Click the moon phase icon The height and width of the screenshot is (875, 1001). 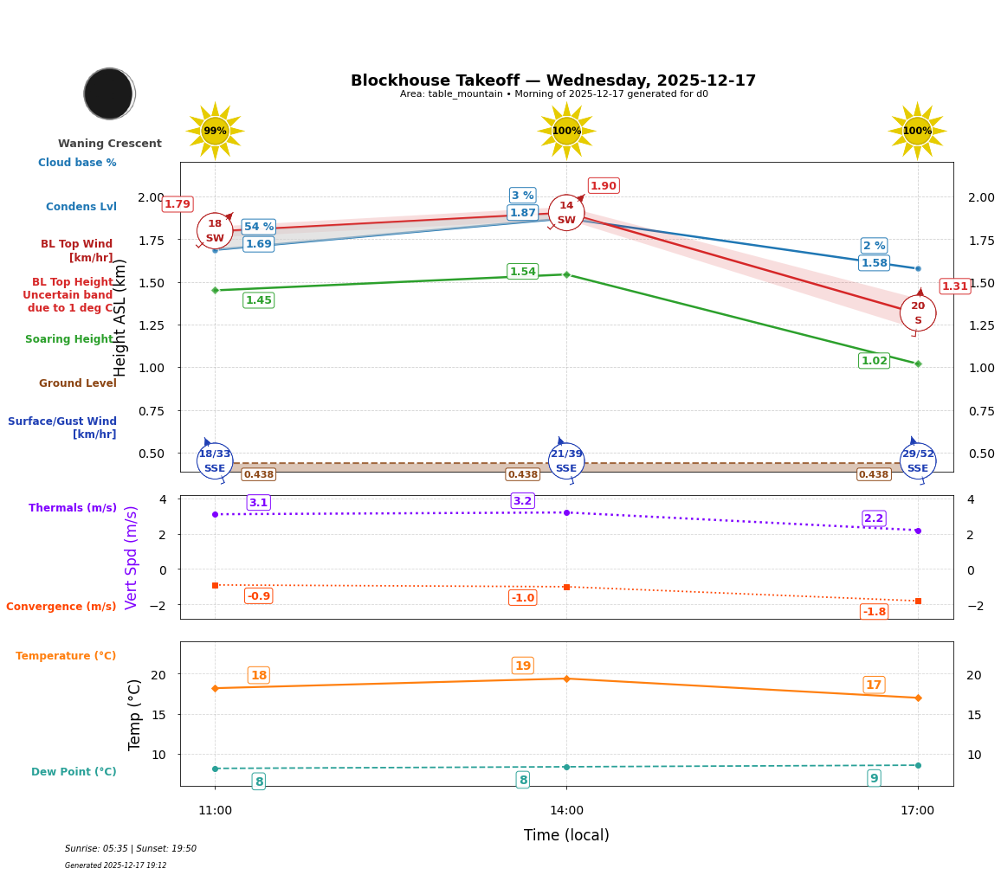tap(109, 93)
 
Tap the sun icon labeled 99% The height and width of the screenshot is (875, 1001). tap(215, 131)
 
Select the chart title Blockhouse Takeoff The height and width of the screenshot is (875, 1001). tap(552, 80)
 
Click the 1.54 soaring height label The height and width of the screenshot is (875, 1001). tap(522, 272)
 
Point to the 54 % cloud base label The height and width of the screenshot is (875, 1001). tap(258, 227)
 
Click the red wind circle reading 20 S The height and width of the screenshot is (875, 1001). tap(917, 313)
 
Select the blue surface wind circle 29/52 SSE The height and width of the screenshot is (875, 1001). tap(917, 460)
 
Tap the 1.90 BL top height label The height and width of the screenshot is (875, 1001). tap(603, 186)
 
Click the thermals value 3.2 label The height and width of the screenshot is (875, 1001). tap(522, 501)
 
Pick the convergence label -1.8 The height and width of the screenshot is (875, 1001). tap(874, 612)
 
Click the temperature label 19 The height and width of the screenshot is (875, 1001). tap(522, 666)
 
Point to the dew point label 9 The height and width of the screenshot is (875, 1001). tap(874, 778)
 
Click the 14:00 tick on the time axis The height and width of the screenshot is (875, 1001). tap(566, 811)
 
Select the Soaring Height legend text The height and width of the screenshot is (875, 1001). tap(69, 339)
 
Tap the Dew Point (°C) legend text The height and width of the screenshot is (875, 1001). tap(74, 772)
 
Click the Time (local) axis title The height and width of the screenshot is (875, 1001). tap(566, 835)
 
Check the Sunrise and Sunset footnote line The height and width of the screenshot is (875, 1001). tap(131, 849)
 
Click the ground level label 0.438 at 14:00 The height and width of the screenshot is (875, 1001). tap(522, 474)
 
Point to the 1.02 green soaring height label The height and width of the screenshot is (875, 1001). tap(874, 361)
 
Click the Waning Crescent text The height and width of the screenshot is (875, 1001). tap(110, 144)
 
